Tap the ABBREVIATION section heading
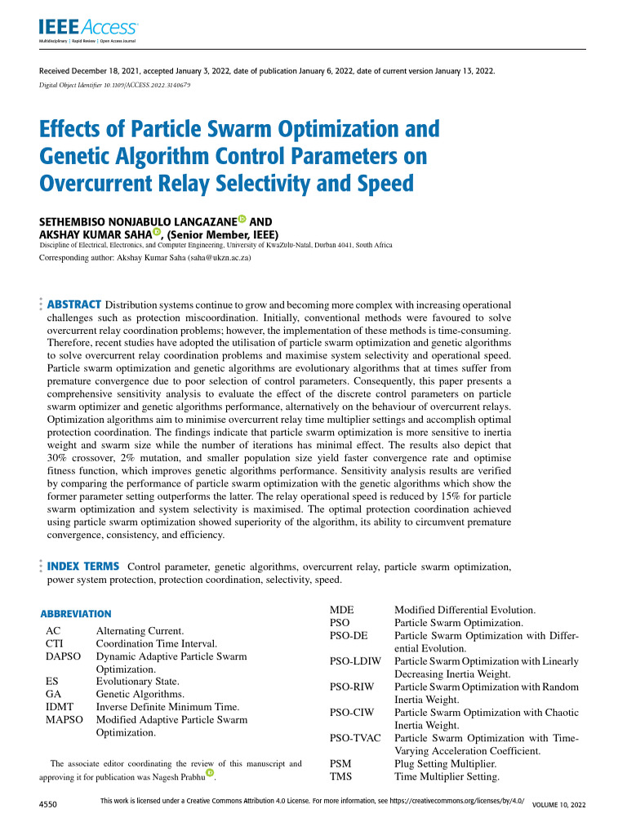(x=76, y=613)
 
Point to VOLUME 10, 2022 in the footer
(x=558, y=806)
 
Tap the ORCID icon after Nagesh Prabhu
(x=211, y=772)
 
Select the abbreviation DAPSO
(x=64, y=656)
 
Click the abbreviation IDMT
(x=61, y=706)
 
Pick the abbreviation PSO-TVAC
(x=355, y=738)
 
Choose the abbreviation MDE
(x=341, y=610)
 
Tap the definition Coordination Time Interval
(x=156, y=643)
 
